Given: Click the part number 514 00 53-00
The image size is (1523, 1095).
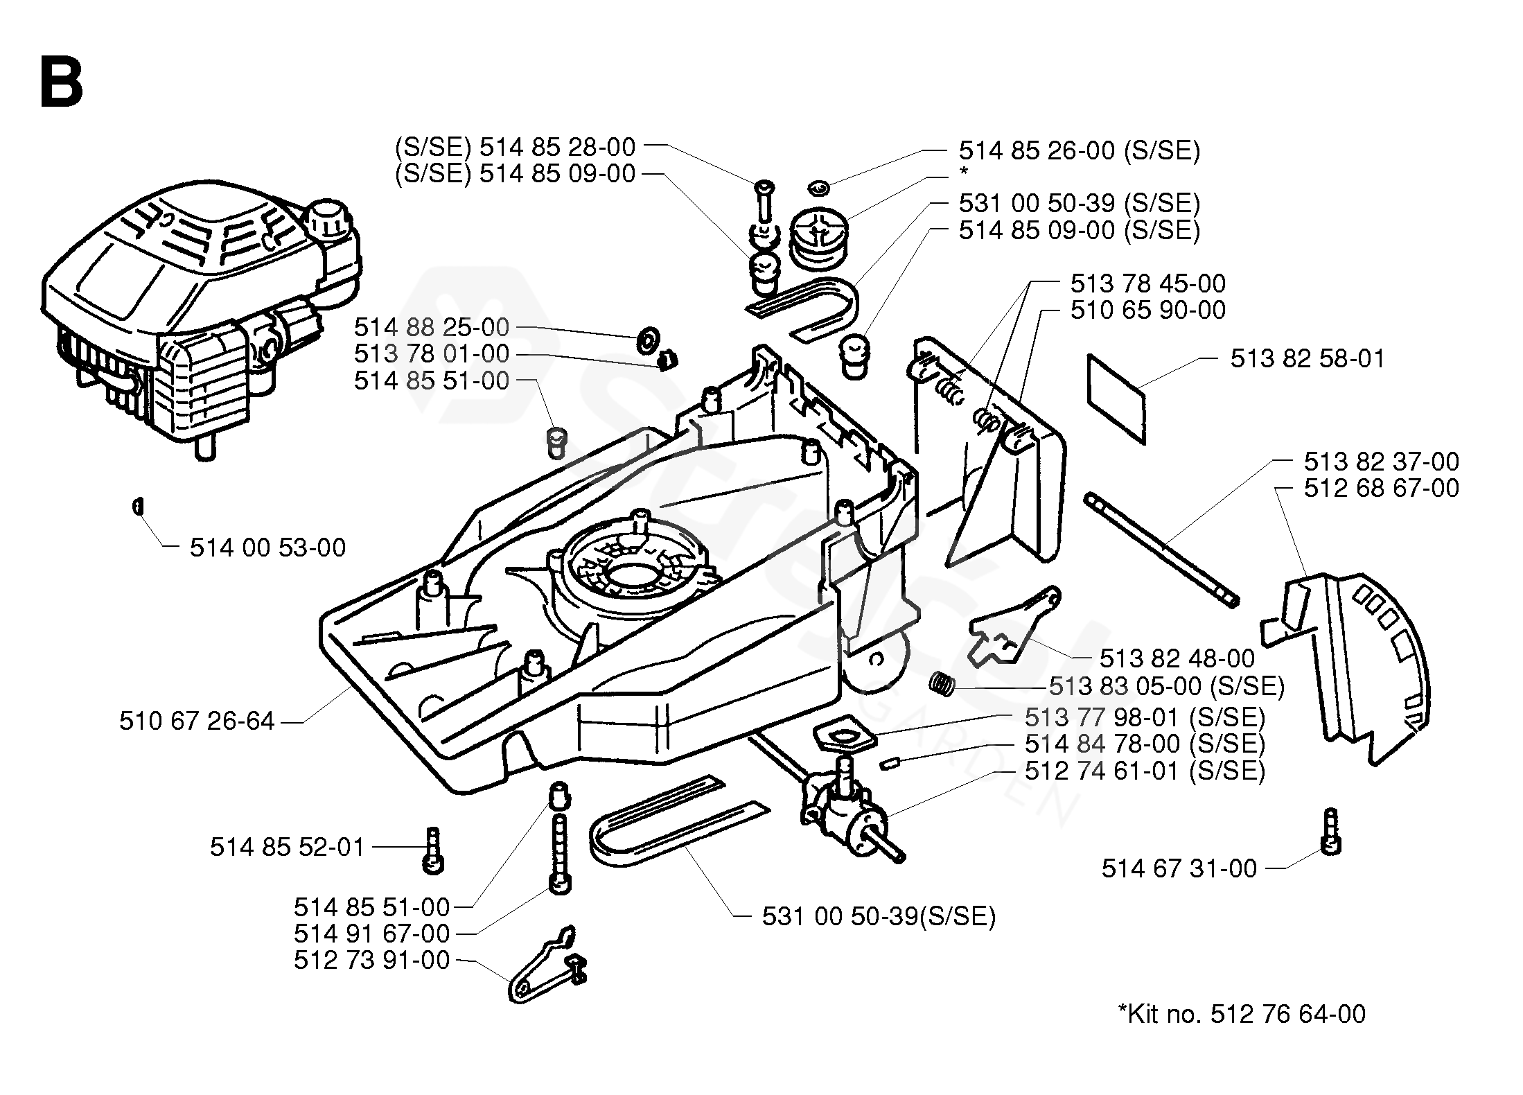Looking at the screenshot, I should click(x=267, y=548).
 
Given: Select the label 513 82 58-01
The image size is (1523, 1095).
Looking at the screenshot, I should click(x=1307, y=359).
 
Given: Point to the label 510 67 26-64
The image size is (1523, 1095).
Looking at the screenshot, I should click(x=197, y=721).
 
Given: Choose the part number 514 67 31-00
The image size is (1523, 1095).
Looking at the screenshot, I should click(x=1179, y=869).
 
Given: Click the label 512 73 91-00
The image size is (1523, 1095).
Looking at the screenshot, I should click(x=371, y=961).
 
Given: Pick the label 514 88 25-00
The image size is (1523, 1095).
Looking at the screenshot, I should click(x=431, y=327).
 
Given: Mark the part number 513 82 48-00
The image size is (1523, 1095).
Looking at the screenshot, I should click(x=1177, y=658).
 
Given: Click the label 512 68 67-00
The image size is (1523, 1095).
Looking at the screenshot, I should click(x=1381, y=488).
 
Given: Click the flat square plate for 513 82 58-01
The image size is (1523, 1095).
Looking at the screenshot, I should click(x=1116, y=398).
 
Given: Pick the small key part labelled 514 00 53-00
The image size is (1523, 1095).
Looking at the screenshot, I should click(x=137, y=507).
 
